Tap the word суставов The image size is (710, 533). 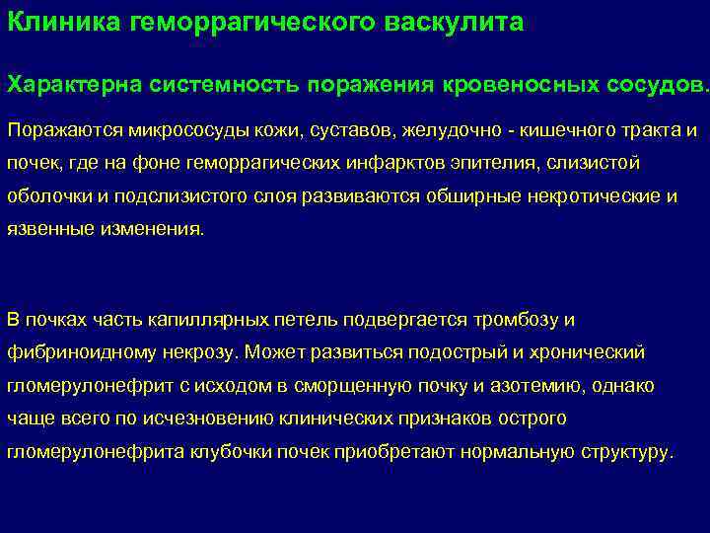pyautogui.click(x=351, y=131)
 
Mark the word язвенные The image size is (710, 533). pyautogui.click(x=44, y=229)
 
